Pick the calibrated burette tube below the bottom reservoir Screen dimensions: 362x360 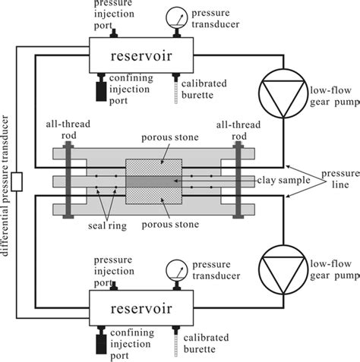click(178, 348)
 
